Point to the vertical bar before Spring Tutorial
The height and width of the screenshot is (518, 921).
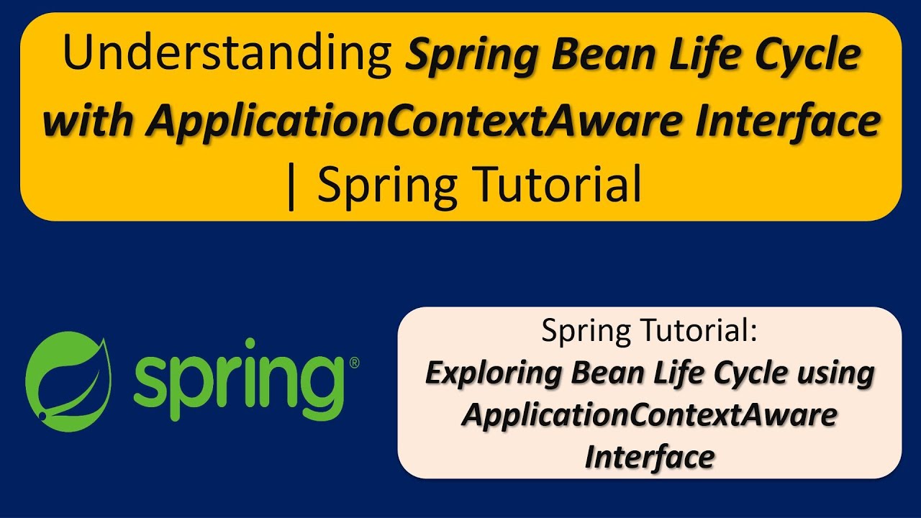click(x=291, y=186)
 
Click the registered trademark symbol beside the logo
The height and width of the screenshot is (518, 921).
click(x=354, y=363)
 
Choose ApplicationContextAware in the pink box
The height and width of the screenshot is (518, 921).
click(x=649, y=415)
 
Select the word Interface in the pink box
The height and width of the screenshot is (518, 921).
click(x=649, y=457)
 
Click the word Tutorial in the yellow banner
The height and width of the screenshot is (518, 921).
click(x=551, y=186)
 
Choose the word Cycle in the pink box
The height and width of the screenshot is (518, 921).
click(x=748, y=373)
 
